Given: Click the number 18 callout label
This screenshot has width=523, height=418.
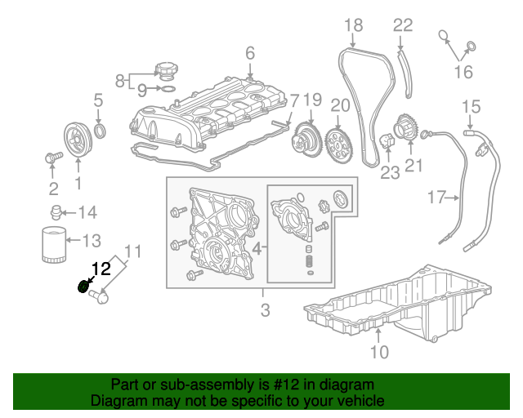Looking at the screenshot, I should [352, 26].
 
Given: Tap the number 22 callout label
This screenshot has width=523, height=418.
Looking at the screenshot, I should [403, 25].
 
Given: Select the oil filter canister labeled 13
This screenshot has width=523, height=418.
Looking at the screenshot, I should [51, 245].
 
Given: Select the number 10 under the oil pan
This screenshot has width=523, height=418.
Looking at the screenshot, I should [379, 353].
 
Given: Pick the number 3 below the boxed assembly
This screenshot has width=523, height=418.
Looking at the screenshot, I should [265, 309].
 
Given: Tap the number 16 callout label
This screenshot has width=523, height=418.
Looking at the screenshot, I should [463, 73].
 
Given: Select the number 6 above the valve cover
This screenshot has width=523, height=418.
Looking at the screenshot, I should [250, 54].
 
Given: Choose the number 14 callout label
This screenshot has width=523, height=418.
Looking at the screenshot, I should [87, 213].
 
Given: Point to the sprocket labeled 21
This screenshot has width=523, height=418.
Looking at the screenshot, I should [405, 131].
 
